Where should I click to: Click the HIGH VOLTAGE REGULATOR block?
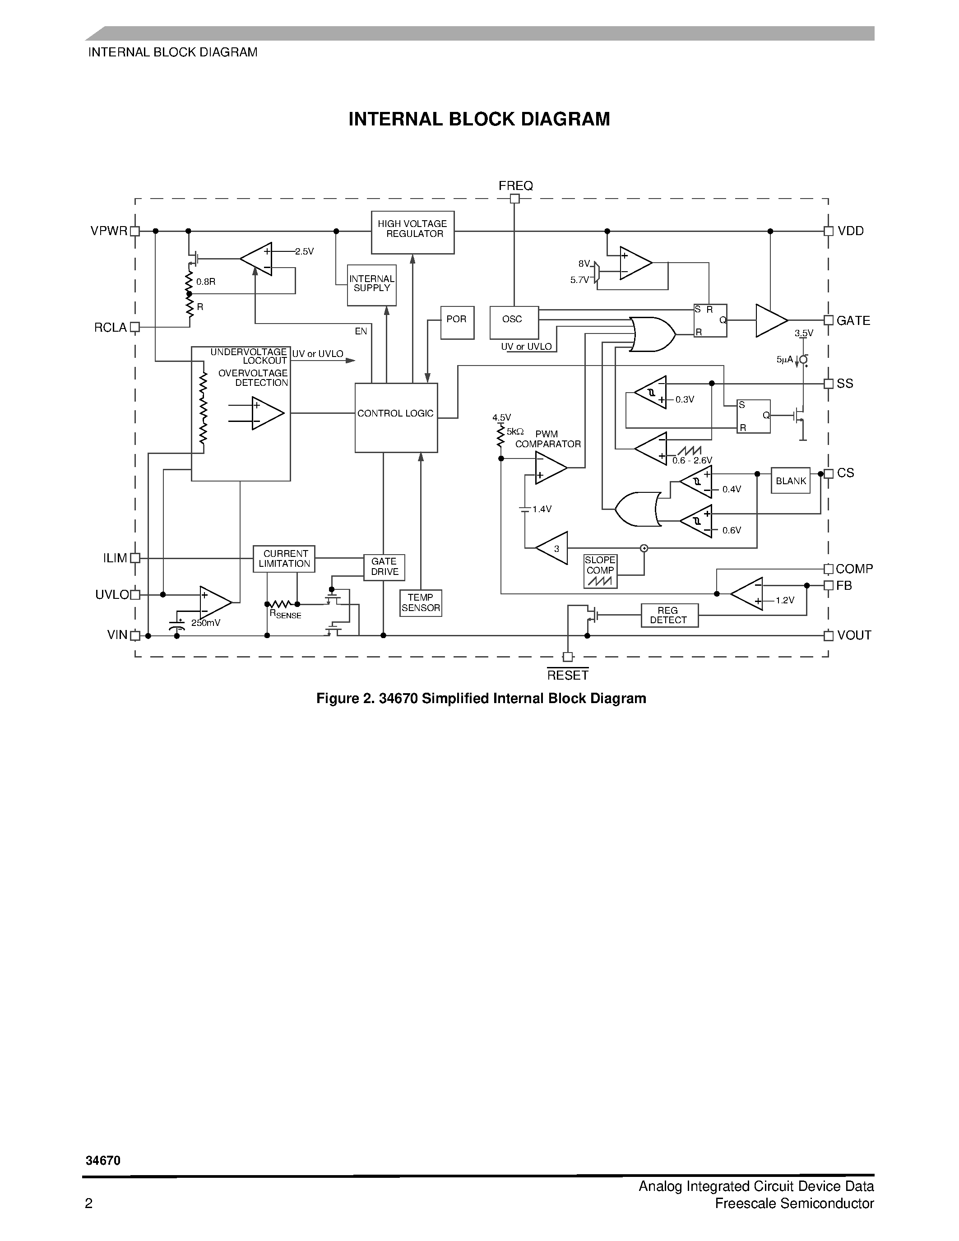tap(412, 232)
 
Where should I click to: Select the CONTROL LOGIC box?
tap(396, 417)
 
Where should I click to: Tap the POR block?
tap(457, 322)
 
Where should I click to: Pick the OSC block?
tap(514, 322)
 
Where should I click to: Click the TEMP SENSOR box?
tap(421, 603)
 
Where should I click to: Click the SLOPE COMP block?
tap(600, 571)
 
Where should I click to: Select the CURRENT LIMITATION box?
tap(284, 559)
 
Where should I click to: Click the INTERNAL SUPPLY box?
tap(371, 285)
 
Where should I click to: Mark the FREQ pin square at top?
tap(515, 198)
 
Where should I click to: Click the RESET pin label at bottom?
tap(568, 675)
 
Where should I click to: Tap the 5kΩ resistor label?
tap(515, 431)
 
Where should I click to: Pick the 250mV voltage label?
tap(206, 623)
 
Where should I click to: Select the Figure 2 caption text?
tap(481, 699)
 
